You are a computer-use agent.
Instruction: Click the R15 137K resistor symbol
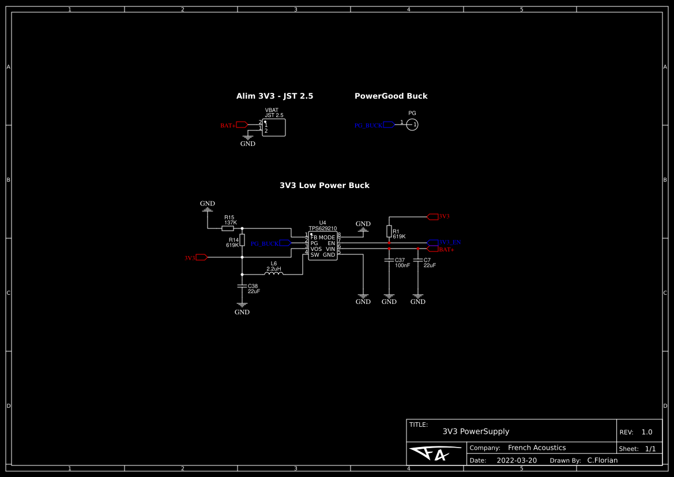point(227,228)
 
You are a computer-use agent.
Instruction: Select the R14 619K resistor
point(242,240)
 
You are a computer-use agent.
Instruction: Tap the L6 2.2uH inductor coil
point(274,274)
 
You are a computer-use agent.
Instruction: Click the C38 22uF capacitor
point(242,286)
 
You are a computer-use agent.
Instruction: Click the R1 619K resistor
point(389,231)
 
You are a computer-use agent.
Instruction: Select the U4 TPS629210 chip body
point(322,246)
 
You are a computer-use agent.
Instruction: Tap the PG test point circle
point(412,124)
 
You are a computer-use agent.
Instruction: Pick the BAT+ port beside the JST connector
point(242,125)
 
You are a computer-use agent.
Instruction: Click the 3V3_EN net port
point(433,242)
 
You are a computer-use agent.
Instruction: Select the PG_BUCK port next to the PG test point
point(389,124)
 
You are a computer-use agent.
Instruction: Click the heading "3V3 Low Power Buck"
point(324,186)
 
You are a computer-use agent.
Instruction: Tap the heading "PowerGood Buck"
point(391,96)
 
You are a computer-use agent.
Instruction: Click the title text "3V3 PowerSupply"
point(476,431)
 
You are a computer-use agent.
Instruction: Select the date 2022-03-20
point(517,460)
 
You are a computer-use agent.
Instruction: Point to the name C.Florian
point(602,460)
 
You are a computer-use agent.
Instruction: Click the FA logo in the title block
point(435,454)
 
